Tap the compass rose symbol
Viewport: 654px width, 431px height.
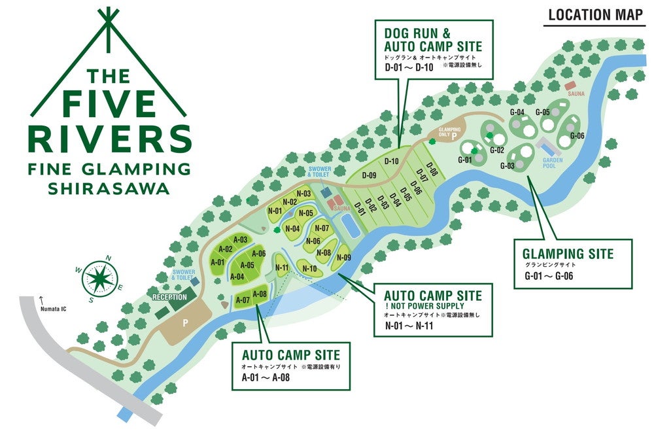click(100, 277)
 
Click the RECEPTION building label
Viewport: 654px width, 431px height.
click(170, 297)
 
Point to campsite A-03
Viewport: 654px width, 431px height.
click(240, 240)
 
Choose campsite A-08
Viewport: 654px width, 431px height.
click(259, 294)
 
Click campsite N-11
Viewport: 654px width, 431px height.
click(283, 267)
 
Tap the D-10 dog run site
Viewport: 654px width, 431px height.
click(392, 162)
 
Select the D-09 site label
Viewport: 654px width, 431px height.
click(368, 175)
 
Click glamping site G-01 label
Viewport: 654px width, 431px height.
click(465, 160)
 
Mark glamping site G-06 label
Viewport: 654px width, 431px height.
click(576, 135)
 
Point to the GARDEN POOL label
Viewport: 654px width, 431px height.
click(553, 162)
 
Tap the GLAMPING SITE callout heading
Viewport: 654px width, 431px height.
click(568, 254)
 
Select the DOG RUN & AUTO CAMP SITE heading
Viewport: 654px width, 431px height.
click(433, 39)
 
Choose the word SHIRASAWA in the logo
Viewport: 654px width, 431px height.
click(109, 189)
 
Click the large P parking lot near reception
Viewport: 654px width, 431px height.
click(185, 323)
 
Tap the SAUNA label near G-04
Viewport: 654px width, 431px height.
click(576, 94)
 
